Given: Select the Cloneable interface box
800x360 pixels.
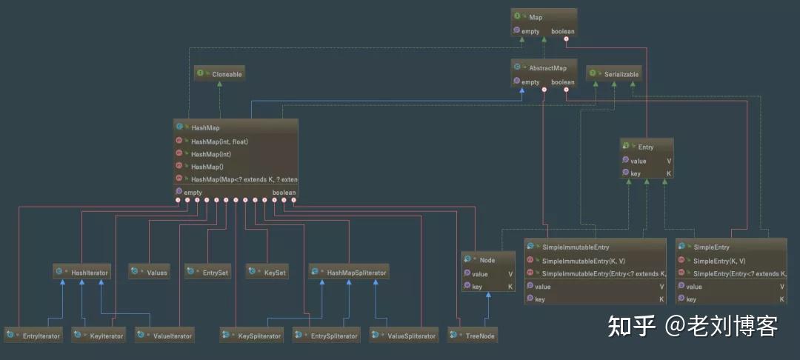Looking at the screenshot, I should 219,74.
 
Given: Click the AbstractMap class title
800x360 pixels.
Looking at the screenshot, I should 544,68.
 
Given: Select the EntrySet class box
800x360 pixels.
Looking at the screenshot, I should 207,273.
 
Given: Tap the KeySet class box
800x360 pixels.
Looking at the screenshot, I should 267,273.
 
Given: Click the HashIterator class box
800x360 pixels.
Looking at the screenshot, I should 82,273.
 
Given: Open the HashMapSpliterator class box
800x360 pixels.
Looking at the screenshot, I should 349,273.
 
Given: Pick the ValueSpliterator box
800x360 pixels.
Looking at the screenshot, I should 403,336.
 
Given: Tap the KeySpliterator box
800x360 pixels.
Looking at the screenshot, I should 252,336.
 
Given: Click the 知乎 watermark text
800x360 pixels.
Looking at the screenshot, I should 631,325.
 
